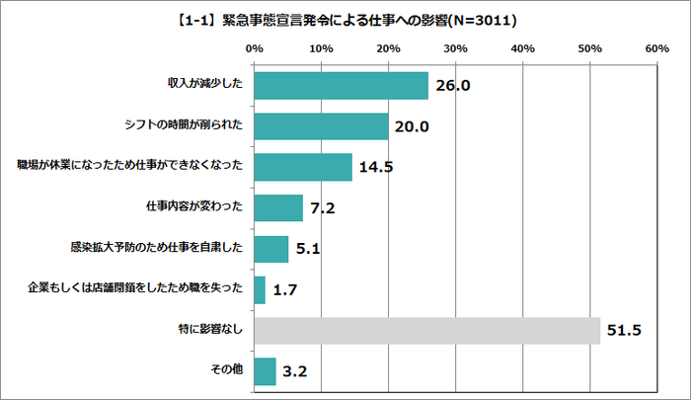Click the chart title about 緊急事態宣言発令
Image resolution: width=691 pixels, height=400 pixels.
pyautogui.click(x=345, y=19)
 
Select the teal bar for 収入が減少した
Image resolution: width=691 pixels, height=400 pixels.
pyautogui.click(x=341, y=86)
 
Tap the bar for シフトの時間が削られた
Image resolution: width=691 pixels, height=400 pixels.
pyautogui.click(x=321, y=126)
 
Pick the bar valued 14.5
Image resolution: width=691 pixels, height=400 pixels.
pyautogui.click(x=303, y=167)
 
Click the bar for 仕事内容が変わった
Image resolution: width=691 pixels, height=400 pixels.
pyautogui.click(x=278, y=207)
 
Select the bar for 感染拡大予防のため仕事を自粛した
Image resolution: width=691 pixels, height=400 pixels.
pyautogui.click(x=271, y=248)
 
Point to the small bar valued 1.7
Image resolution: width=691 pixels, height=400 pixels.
pyautogui.click(x=260, y=289)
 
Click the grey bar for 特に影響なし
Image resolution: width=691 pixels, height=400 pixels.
pyautogui.click(x=426, y=330)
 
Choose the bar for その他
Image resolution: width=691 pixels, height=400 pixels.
pyautogui.click(x=265, y=370)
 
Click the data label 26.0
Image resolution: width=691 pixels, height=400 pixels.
pyautogui.click(x=454, y=86)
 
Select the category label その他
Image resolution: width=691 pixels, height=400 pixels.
pyautogui.click(x=228, y=370)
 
